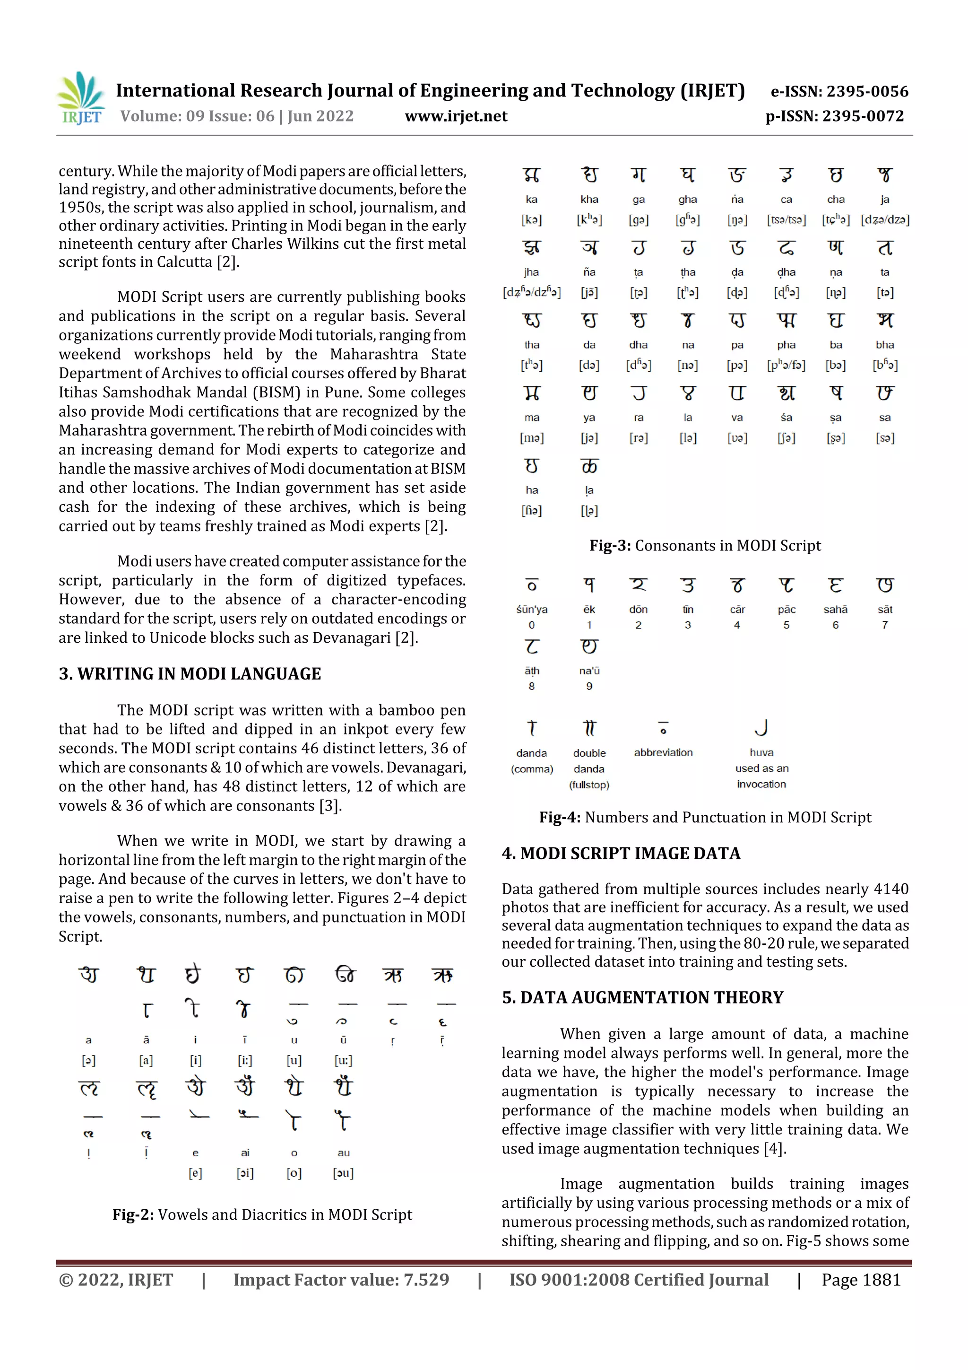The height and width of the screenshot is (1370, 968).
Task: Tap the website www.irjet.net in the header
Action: (456, 116)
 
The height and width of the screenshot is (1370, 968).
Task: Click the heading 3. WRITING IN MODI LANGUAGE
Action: (190, 674)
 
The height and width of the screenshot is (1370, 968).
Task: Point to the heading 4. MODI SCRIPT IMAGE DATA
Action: (621, 853)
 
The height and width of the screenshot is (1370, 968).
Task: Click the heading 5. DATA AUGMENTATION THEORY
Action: (642, 998)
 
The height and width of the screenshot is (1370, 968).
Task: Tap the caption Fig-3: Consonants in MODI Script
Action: (705, 545)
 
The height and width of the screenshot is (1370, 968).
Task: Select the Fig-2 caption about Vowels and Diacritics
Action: (262, 1215)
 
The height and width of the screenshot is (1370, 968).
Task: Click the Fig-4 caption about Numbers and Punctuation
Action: (705, 818)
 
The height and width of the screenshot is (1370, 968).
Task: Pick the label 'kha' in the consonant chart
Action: (589, 199)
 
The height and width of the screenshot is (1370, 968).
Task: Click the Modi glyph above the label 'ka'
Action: (531, 175)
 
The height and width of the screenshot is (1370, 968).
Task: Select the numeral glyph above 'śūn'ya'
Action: (531, 585)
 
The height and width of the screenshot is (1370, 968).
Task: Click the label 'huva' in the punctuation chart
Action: (761, 752)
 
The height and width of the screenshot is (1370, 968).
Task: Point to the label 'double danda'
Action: (589, 761)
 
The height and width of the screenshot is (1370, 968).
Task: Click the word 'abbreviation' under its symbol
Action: (663, 752)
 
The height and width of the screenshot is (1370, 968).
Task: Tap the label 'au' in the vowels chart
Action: (344, 1153)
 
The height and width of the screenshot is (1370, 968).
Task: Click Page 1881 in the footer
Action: (861, 1280)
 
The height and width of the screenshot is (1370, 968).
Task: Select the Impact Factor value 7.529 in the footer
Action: (341, 1280)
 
